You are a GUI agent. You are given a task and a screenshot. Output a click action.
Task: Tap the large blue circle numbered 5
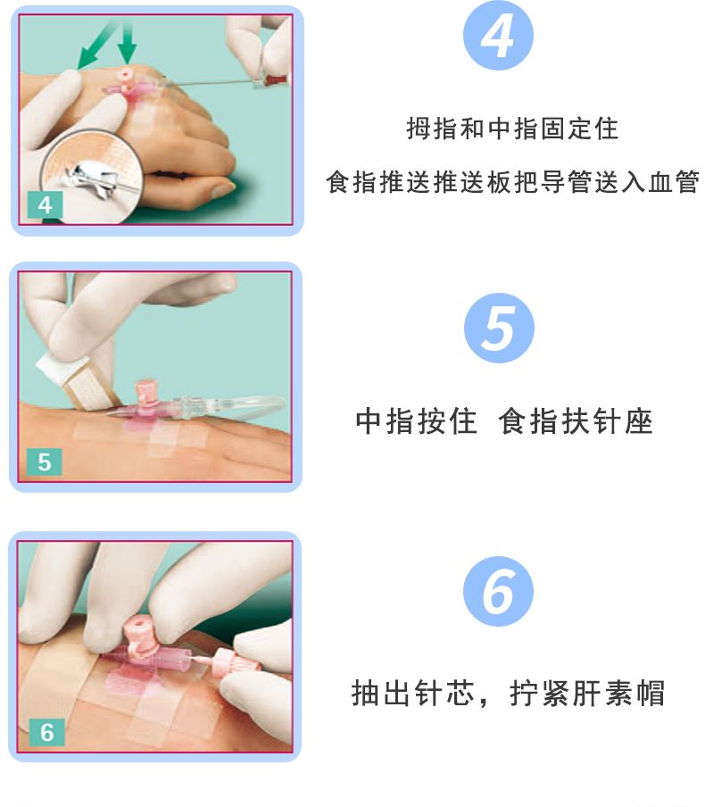[498, 328]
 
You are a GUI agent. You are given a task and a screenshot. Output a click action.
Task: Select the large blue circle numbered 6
[498, 591]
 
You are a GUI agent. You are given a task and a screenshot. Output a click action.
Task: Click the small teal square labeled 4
[45, 204]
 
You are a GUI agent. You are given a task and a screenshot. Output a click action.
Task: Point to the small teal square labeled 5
[45, 463]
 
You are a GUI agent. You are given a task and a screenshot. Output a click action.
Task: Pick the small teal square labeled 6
[46, 732]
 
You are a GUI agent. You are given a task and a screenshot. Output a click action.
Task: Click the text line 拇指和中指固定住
[512, 129]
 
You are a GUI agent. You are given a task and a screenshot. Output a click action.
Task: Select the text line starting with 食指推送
[512, 183]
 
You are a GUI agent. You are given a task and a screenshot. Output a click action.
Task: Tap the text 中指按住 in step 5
[417, 420]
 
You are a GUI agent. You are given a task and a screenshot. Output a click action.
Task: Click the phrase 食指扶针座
[576, 420]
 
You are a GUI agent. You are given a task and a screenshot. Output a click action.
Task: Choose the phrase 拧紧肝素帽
[587, 693]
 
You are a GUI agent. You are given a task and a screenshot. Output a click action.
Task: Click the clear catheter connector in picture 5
[192, 408]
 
